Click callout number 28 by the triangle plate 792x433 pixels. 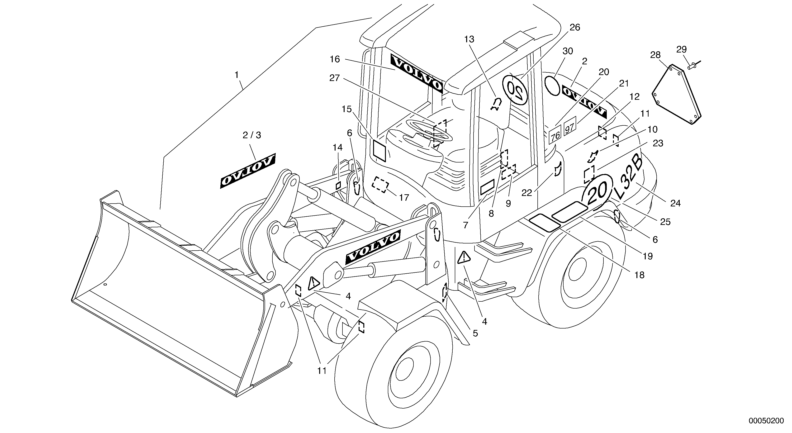pos(655,55)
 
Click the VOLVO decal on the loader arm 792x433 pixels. pos(373,247)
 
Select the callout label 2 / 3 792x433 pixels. pos(251,135)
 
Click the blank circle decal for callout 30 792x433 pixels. pos(552,86)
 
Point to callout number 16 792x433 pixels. pos(335,59)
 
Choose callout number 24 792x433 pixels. pos(675,203)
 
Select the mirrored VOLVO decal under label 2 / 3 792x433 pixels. pos(247,171)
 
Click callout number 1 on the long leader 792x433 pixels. pos(237,75)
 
